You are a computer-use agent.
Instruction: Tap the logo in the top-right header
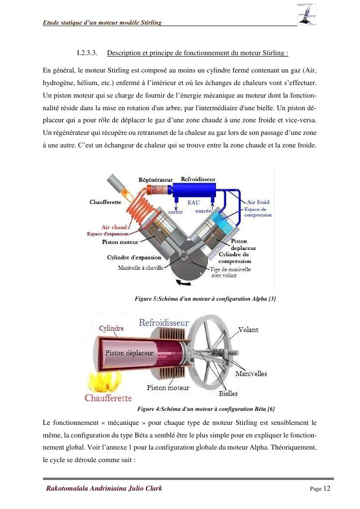307,14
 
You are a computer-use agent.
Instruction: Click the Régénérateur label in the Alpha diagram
155,179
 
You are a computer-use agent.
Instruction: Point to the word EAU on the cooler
193,203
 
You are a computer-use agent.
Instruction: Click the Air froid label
258,202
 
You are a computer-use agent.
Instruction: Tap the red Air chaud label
114,227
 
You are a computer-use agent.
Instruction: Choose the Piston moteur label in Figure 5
120,242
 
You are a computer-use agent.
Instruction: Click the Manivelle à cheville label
140,268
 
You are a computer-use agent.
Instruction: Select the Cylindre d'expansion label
134,258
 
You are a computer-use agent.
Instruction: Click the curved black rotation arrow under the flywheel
180,282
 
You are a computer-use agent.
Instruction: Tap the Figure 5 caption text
205,299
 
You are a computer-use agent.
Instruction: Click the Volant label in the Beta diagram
248,330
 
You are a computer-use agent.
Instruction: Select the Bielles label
228,393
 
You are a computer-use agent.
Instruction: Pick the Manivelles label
251,374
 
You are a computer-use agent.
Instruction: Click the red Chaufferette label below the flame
108,398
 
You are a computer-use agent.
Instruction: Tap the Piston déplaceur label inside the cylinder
129,352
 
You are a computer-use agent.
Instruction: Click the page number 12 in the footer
327,488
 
